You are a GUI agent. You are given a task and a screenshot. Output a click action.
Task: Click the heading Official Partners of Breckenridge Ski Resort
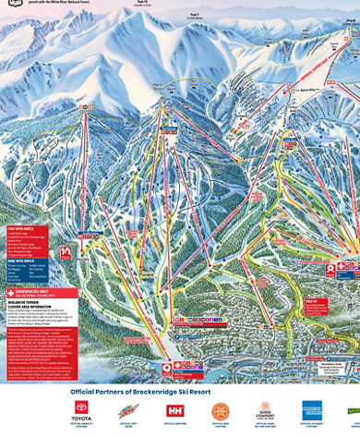(180, 391)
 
